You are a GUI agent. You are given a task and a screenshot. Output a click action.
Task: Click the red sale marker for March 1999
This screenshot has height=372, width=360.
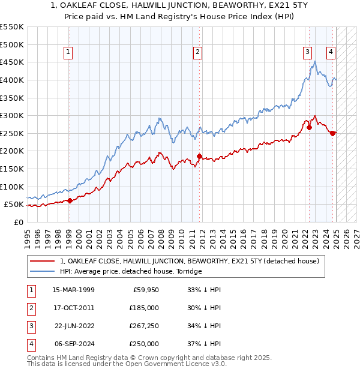click(x=70, y=200)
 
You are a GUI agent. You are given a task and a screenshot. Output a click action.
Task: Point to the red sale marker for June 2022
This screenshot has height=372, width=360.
click(x=310, y=127)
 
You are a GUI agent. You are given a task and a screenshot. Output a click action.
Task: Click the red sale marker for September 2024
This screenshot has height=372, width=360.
click(x=332, y=133)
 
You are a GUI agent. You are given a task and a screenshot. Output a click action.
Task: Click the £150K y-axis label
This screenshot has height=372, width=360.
click(x=12, y=169)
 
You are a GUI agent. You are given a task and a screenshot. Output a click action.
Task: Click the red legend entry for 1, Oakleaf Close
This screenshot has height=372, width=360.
click(x=193, y=261)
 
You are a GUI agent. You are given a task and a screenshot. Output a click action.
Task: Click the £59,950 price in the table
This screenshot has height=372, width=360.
click(x=146, y=290)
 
